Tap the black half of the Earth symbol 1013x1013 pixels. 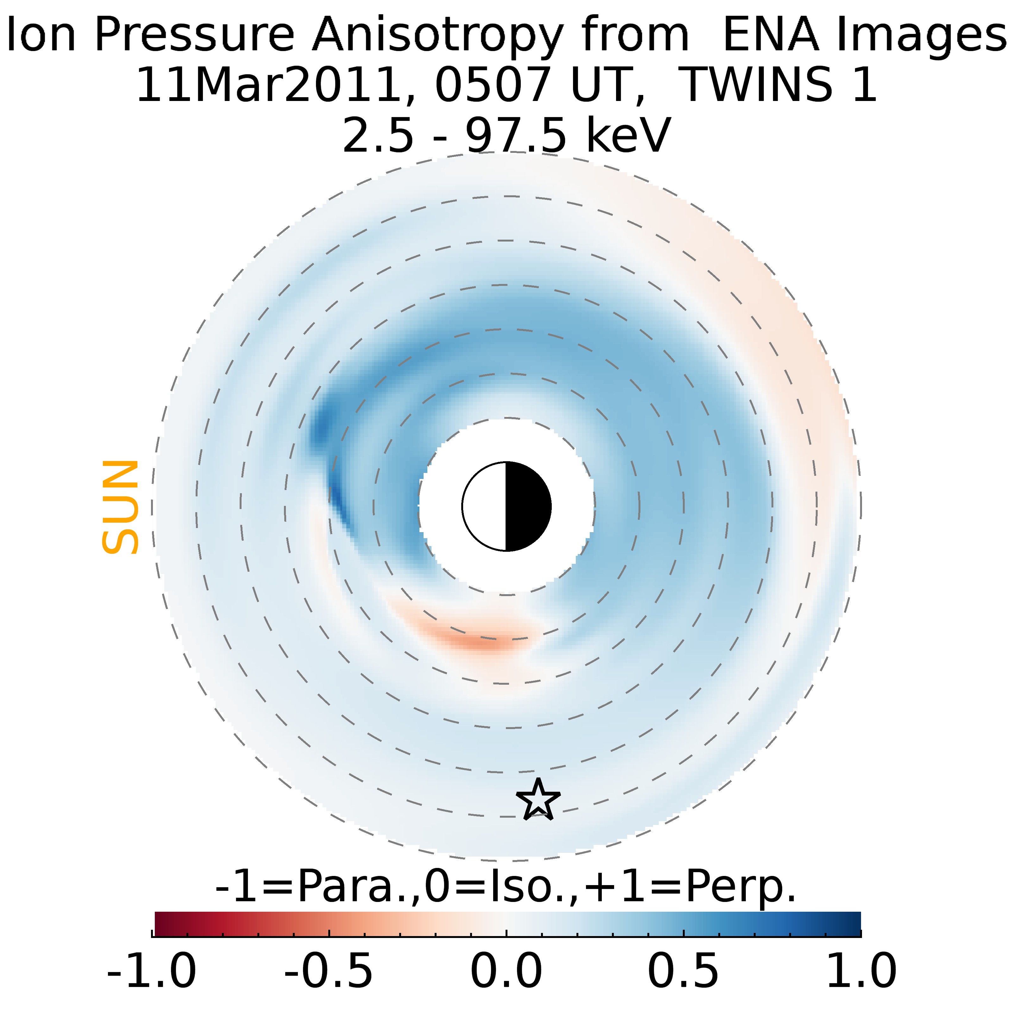(527, 507)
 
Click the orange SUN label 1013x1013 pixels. (120, 507)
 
